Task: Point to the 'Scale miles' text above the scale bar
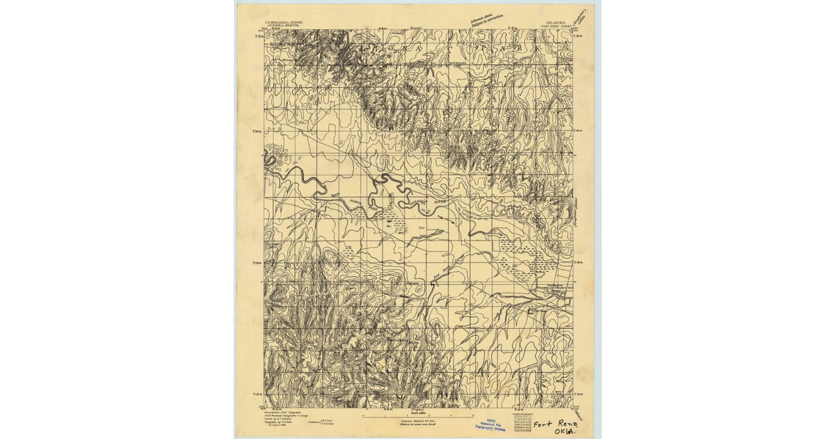click(x=417, y=413)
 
